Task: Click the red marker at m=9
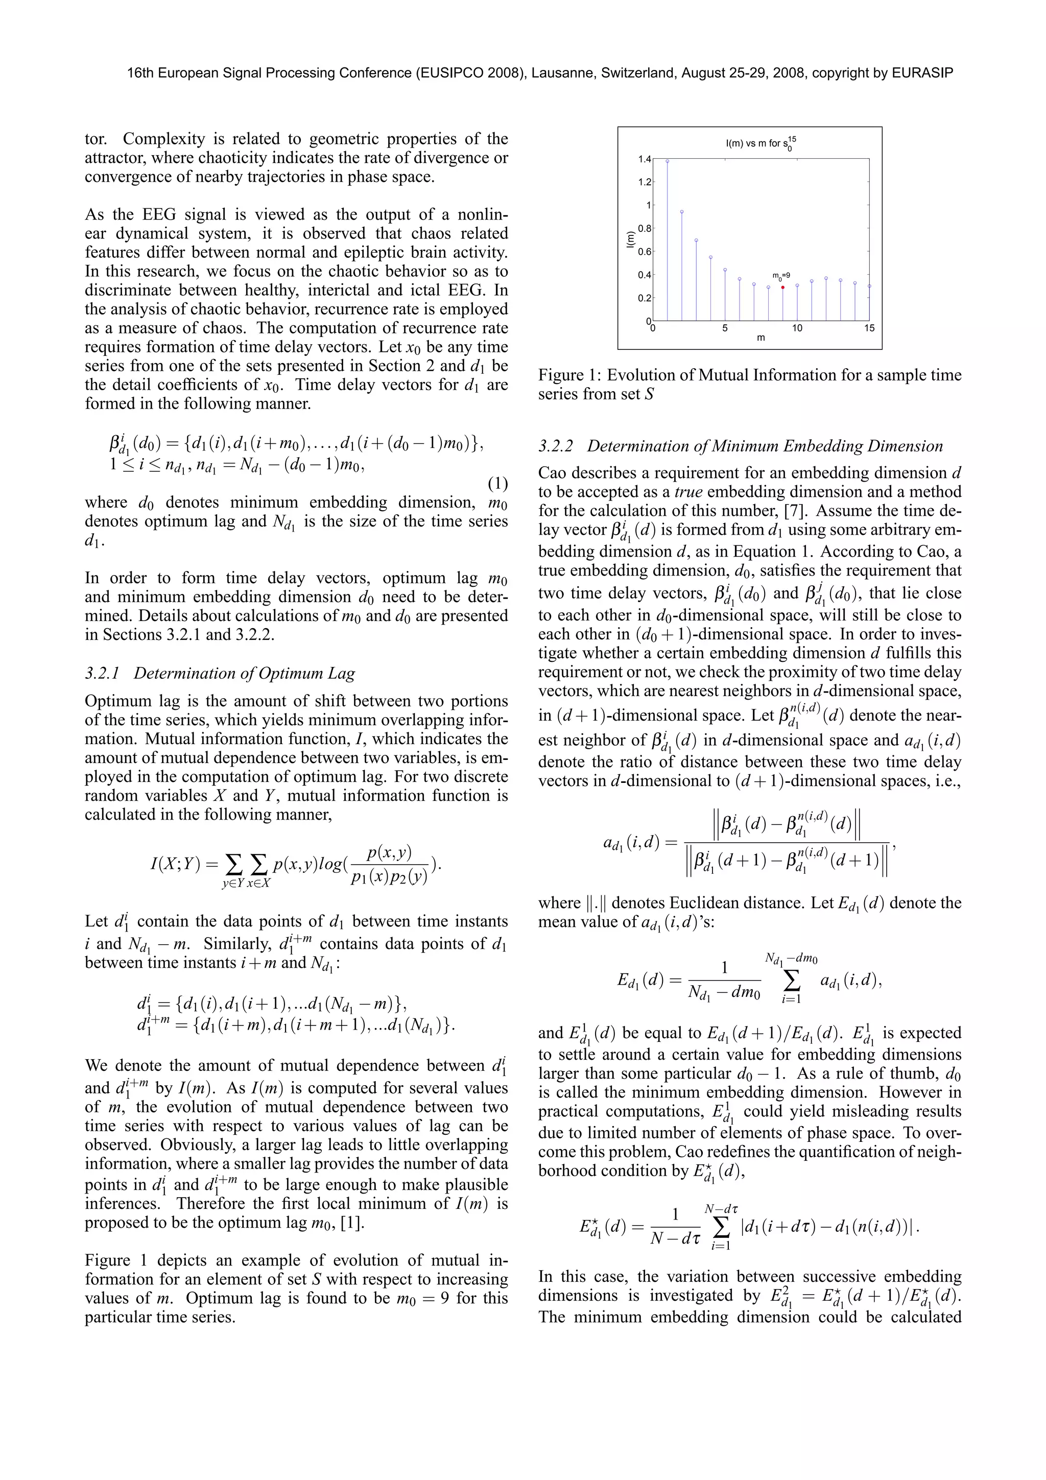click(782, 288)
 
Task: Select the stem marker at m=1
click(667, 162)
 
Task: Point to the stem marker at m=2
click(682, 211)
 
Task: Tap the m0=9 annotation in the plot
click(781, 276)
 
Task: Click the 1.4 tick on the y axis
click(645, 158)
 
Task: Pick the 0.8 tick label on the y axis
click(645, 228)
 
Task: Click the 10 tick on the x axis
click(797, 328)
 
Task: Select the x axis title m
click(760, 338)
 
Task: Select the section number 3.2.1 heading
click(103, 674)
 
